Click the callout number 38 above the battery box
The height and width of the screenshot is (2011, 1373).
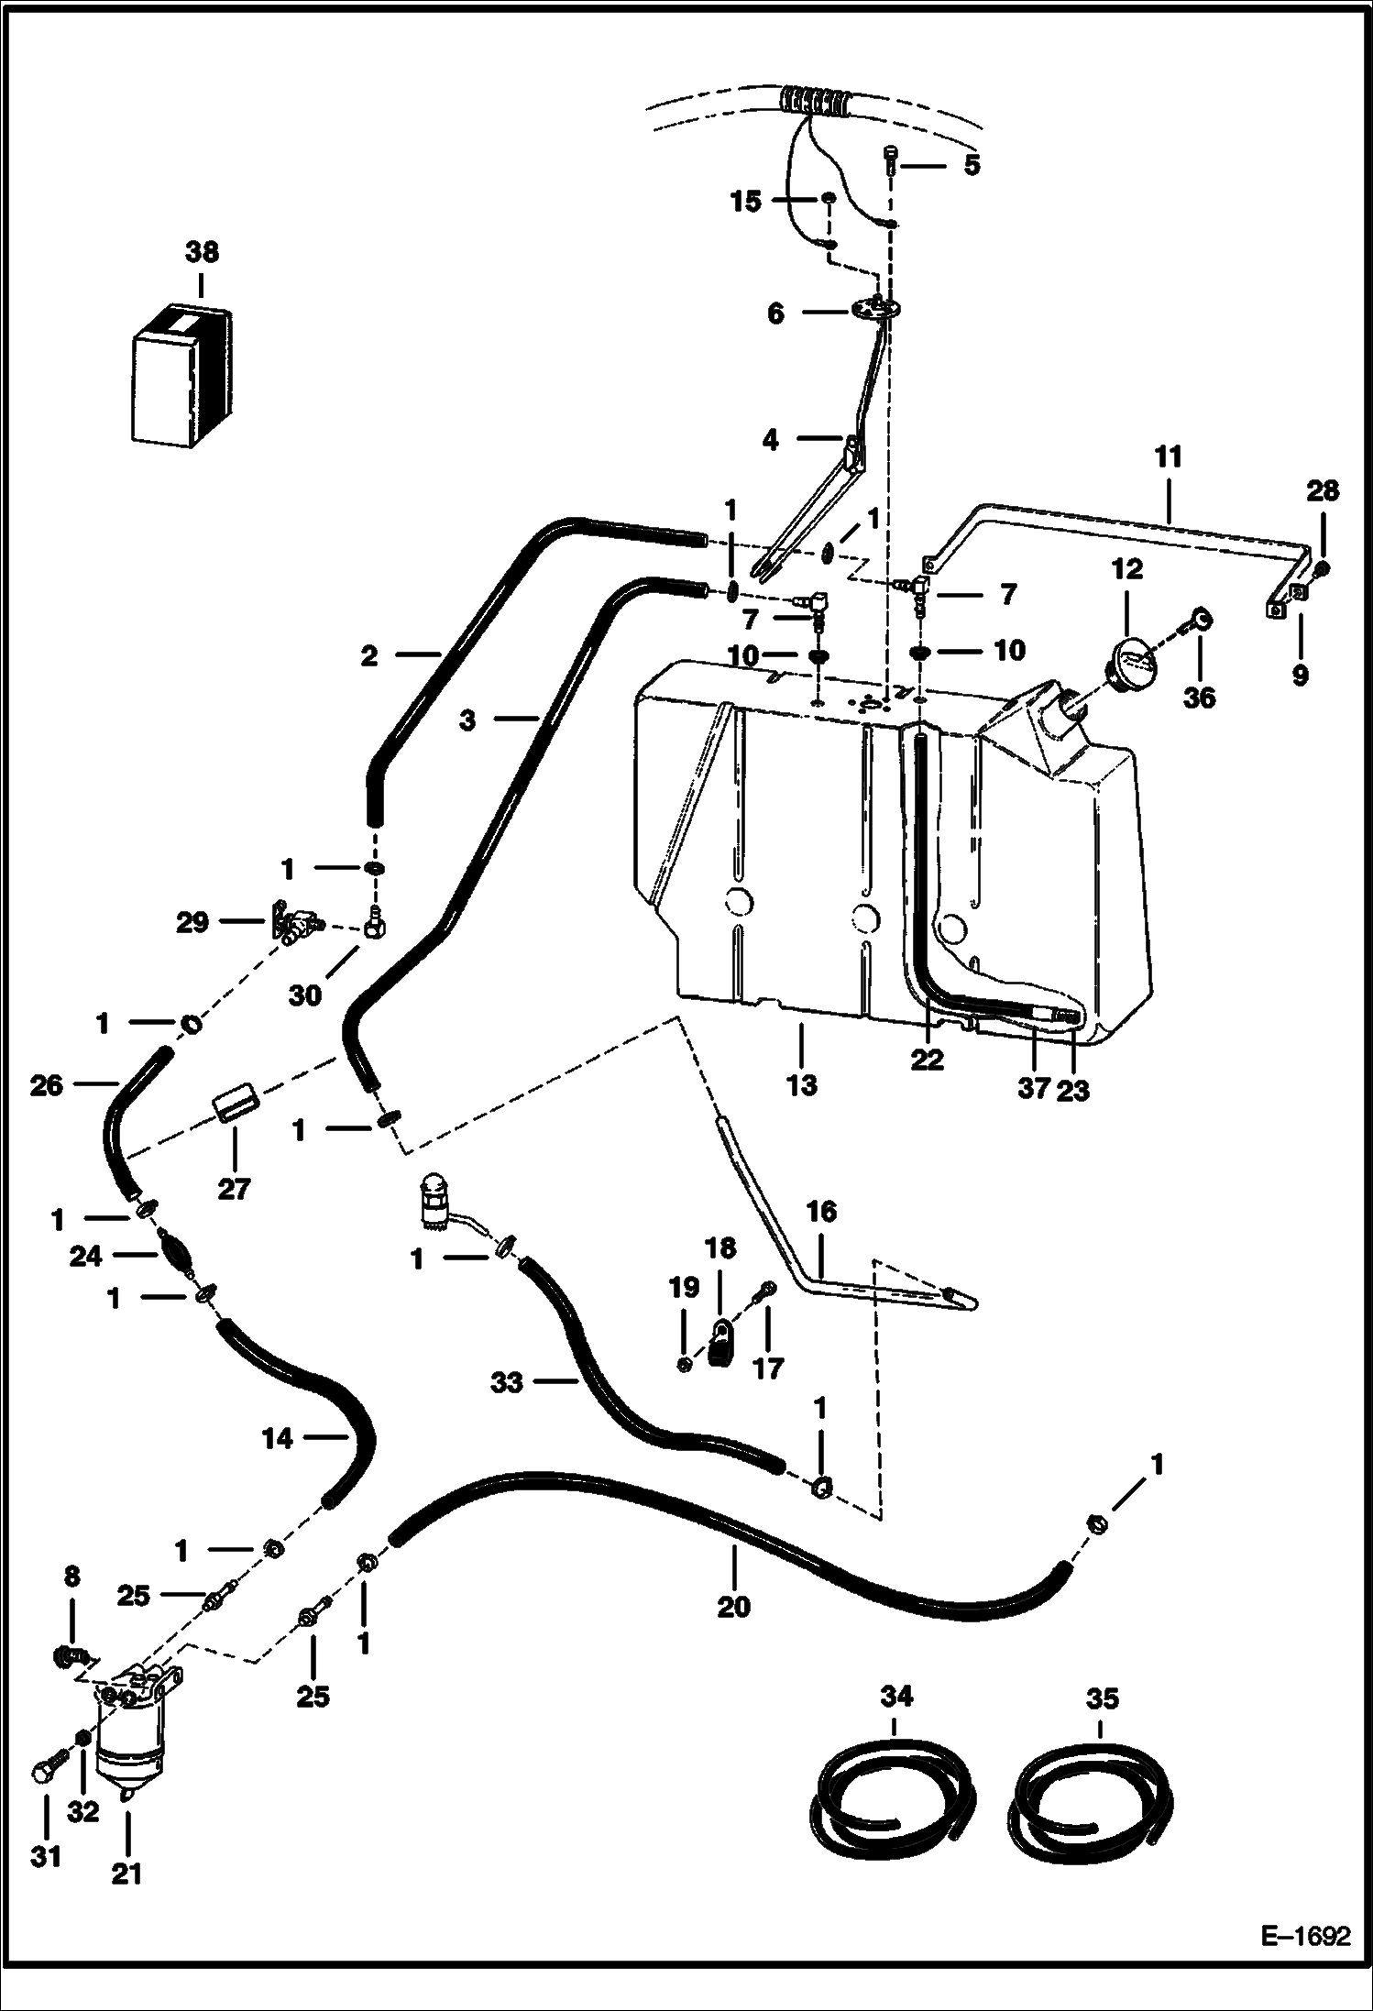[203, 252]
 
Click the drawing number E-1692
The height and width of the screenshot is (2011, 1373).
[1305, 1959]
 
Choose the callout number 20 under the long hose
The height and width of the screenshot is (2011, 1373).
[734, 1606]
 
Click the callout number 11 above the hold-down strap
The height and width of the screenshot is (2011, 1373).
[1168, 456]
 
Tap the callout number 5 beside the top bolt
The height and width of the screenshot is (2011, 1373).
[972, 165]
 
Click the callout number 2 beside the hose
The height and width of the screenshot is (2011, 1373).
[368, 656]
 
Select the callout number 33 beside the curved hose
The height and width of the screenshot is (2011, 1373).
[506, 1382]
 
